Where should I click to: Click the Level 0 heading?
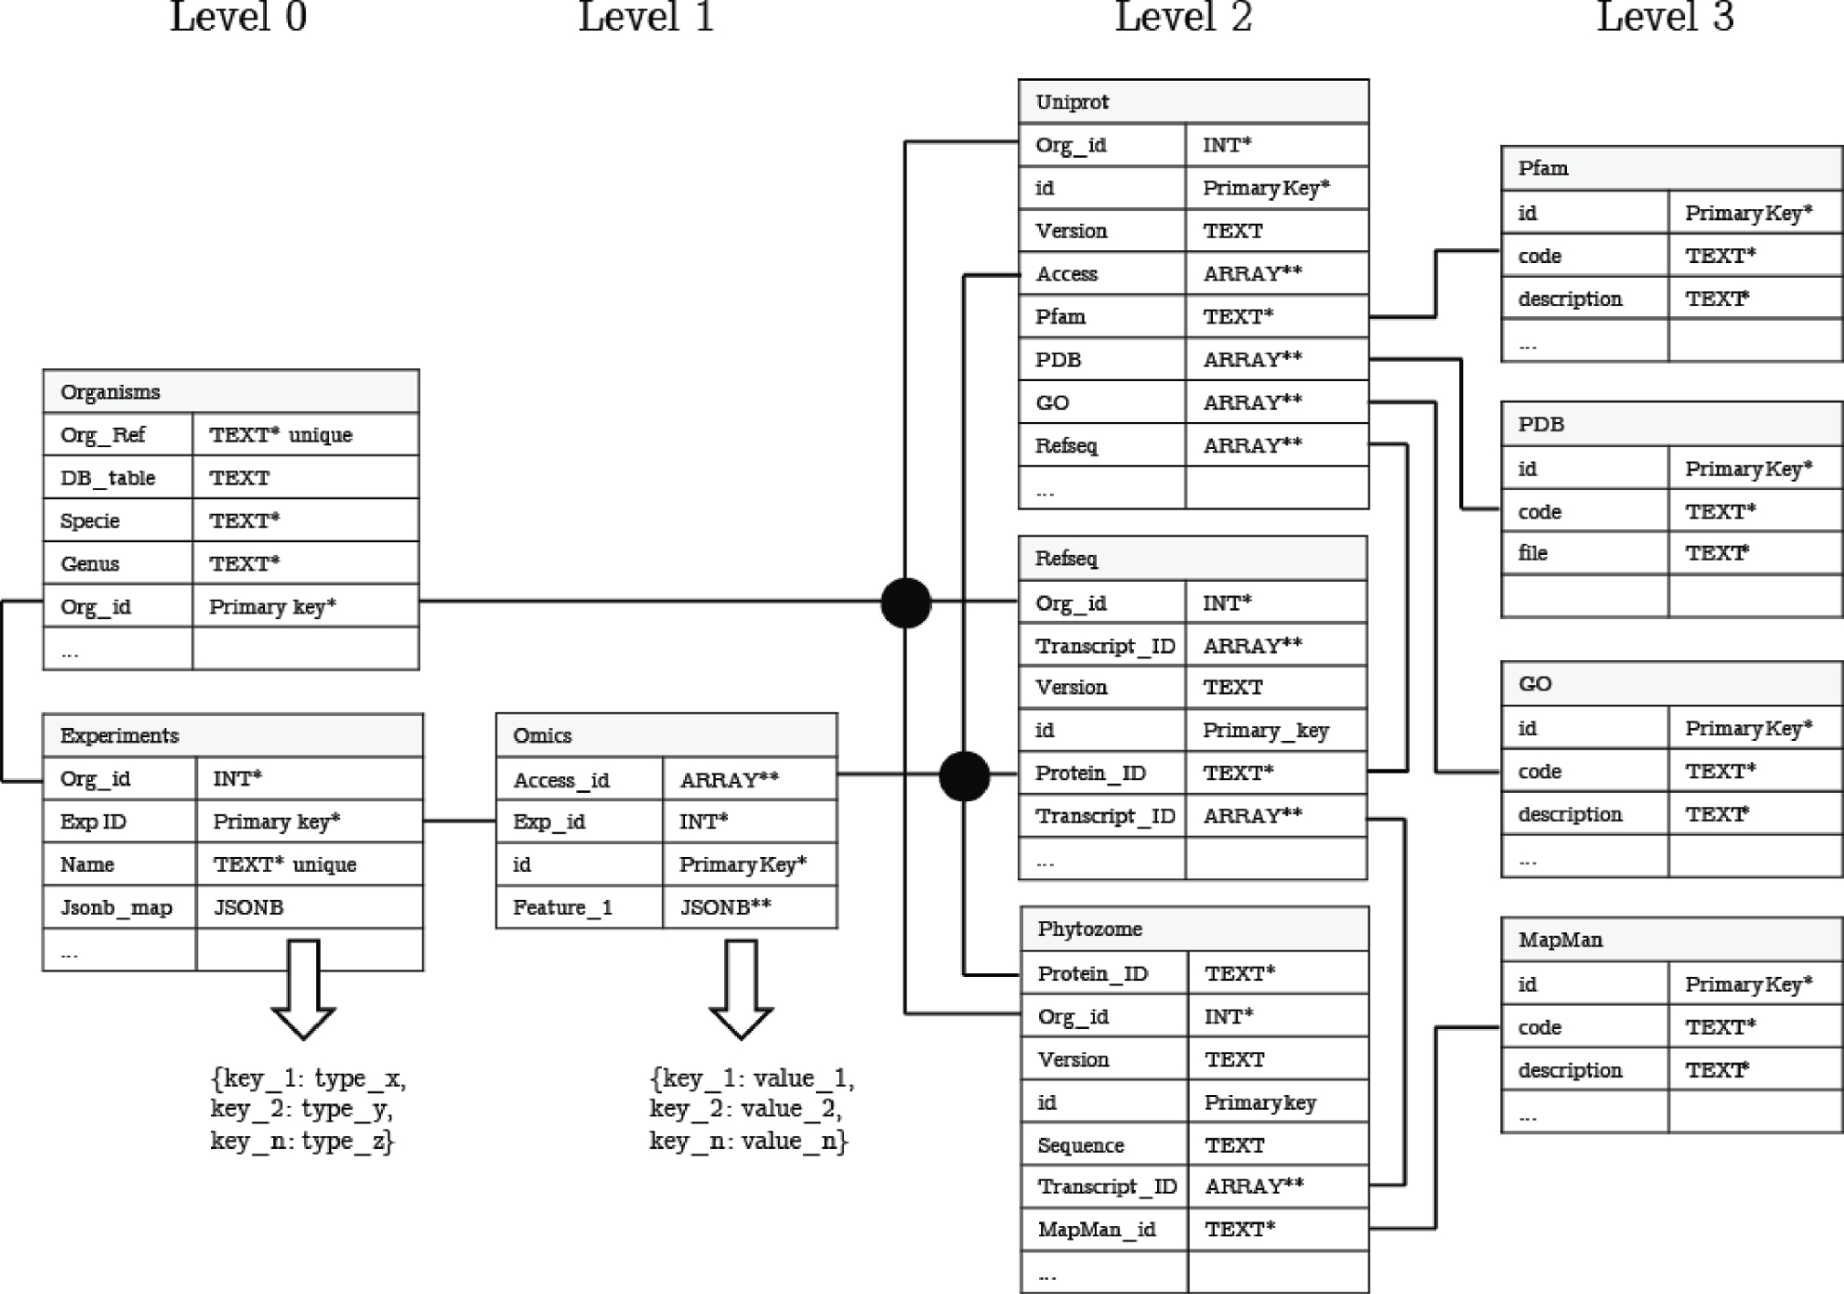[238, 17]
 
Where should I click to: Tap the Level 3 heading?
[1665, 17]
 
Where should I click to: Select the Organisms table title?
[111, 391]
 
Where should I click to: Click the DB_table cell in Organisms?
[108, 478]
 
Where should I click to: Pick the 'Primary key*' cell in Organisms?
[272, 607]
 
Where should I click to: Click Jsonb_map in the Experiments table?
[116, 907]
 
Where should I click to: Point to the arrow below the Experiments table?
[303, 988]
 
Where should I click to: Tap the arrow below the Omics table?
[741, 988]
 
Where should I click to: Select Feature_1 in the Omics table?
[562, 907]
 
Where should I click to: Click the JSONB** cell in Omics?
[726, 907]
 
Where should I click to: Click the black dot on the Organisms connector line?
[905, 602]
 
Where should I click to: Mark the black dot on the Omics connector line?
[964, 775]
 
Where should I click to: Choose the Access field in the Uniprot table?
[1066, 274]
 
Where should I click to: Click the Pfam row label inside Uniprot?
[1060, 317]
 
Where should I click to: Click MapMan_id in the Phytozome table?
[1096, 1230]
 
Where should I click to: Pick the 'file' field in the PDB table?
[1533, 553]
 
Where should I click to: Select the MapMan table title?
[1561, 940]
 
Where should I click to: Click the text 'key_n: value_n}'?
[748, 1141]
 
